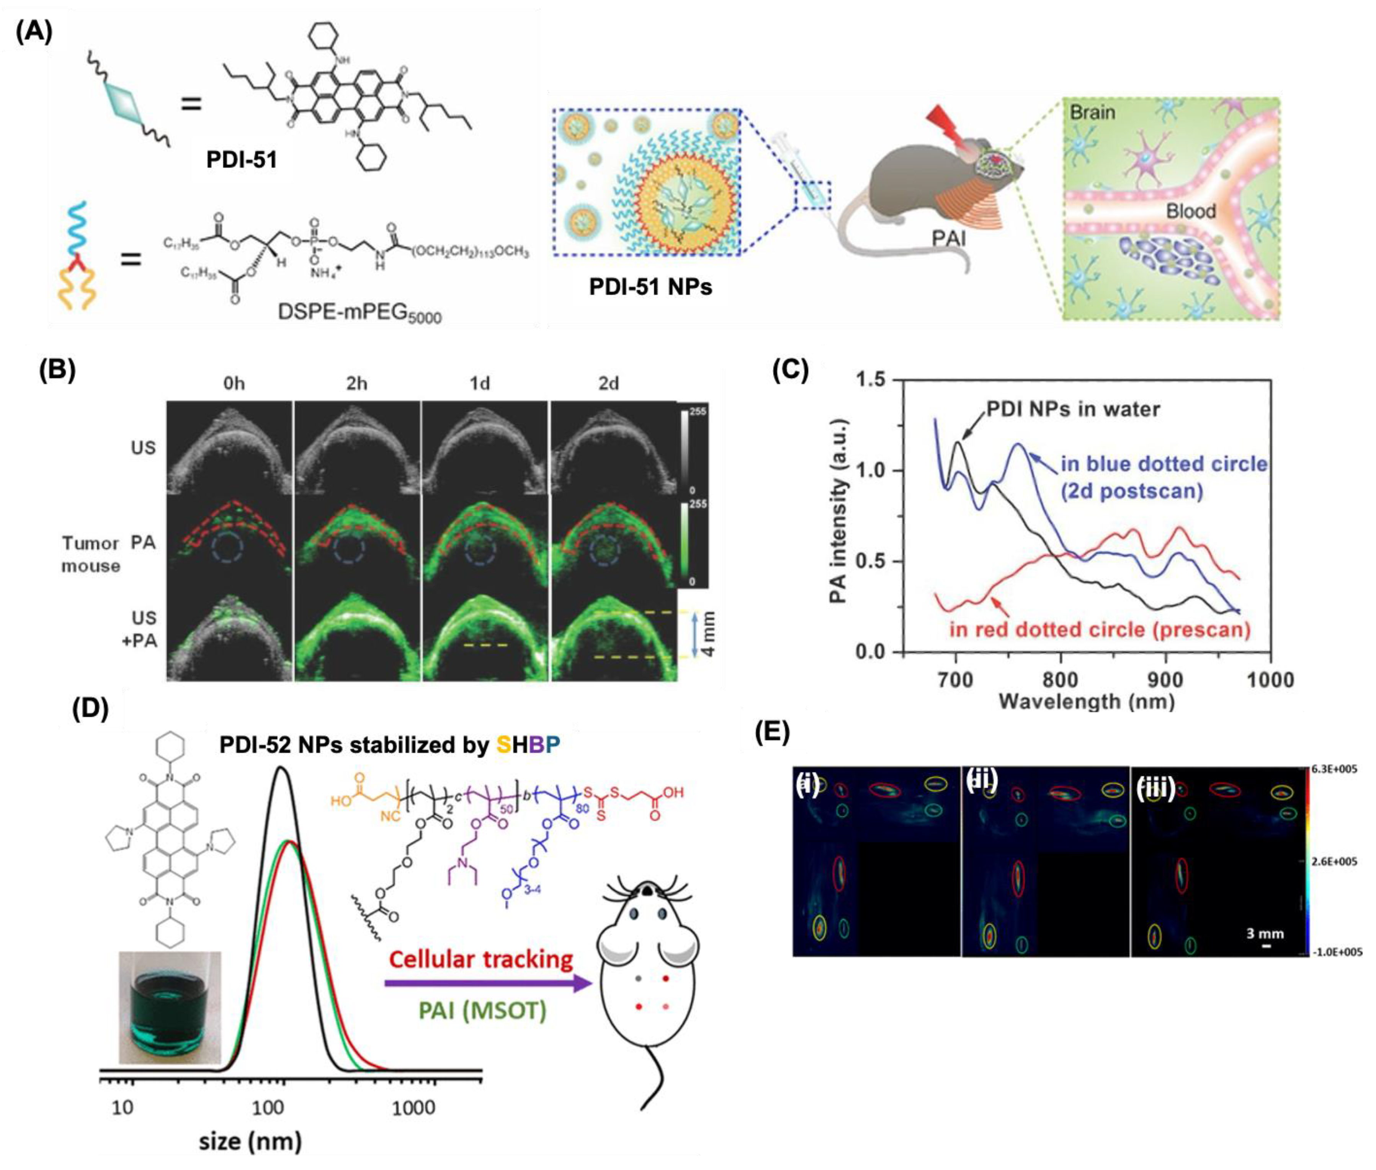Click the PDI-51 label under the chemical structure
241,160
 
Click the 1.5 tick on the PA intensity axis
871,380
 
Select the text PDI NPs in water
1072,409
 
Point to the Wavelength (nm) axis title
1086,702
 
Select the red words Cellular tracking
481,960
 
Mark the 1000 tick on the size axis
413,1108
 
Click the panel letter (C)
791,371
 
